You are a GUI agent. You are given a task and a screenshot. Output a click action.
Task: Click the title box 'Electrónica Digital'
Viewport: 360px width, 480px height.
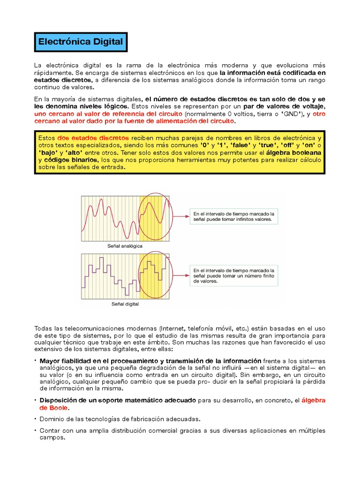(81, 42)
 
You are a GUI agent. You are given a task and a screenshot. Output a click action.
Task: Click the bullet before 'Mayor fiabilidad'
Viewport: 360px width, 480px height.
(36, 360)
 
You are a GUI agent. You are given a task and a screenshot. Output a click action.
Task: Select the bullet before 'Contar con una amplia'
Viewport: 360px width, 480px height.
(36, 430)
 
